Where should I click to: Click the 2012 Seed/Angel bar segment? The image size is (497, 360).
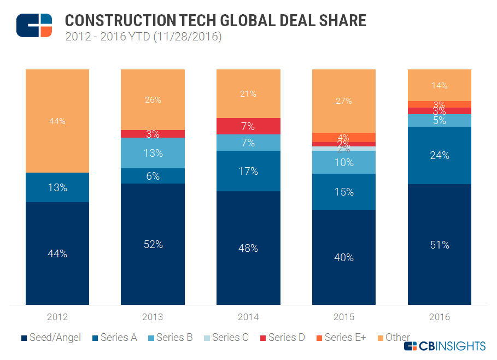point(57,253)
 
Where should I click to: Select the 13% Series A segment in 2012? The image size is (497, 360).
point(57,187)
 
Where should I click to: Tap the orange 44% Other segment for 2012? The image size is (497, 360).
point(57,121)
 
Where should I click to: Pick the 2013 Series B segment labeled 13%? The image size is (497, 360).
point(153,153)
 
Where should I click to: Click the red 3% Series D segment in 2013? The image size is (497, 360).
point(153,134)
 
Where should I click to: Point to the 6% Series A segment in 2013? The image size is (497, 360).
point(153,176)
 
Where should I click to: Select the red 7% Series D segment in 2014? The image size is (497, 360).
point(248,126)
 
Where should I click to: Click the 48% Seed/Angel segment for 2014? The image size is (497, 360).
point(248,248)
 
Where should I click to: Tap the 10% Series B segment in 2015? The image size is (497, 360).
point(344,162)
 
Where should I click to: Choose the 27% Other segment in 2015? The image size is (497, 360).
point(344,101)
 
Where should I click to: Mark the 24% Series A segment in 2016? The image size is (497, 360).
point(439,155)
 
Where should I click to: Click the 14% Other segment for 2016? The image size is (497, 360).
point(439,85)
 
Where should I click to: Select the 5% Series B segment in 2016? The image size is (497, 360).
point(439,120)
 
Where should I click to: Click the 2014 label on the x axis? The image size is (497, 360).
point(248,317)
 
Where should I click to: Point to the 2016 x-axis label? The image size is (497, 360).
point(439,317)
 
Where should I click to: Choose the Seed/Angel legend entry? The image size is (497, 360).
point(51,338)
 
